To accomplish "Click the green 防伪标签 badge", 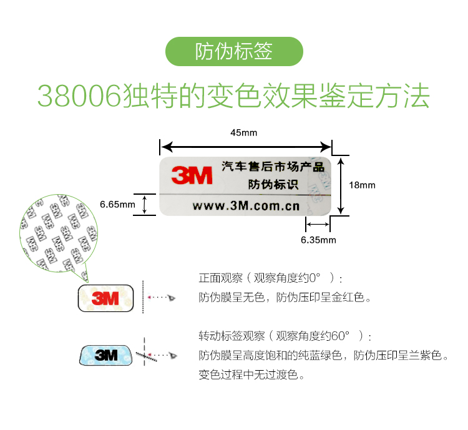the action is (x=234, y=52).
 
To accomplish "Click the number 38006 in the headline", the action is (x=78, y=95).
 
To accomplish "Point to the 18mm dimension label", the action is (x=362, y=185).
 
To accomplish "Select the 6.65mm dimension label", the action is (x=117, y=204).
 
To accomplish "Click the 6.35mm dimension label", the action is (x=318, y=240).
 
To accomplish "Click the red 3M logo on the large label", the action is (x=193, y=175).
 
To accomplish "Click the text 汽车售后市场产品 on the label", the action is (x=273, y=167).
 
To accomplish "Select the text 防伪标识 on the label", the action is (x=273, y=185).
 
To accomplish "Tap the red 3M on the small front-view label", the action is (x=105, y=299).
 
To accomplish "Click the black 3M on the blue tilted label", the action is (x=106, y=355).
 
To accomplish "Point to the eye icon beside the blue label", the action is (x=173, y=355).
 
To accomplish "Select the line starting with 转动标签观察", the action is (x=285, y=336).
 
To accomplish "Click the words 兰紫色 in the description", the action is (x=426, y=356).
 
